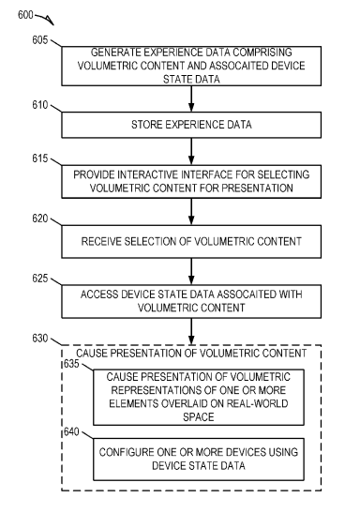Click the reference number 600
click(25, 15)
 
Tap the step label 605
click(40, 40)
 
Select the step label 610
click(40, 105)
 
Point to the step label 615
click(40, 158)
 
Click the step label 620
click(40, 219)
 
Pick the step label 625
click(40, 279)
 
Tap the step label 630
click(40, 339)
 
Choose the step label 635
click(71, 364)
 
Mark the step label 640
click(71, 431)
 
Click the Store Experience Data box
click(191, 125)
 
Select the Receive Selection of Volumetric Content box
click(191, 241)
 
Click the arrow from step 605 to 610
click(191, 98)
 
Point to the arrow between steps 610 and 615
click(191, 152)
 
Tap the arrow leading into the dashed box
click(191, 331)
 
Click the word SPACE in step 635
click(199, 417)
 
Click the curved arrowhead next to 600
click(51, 21)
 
